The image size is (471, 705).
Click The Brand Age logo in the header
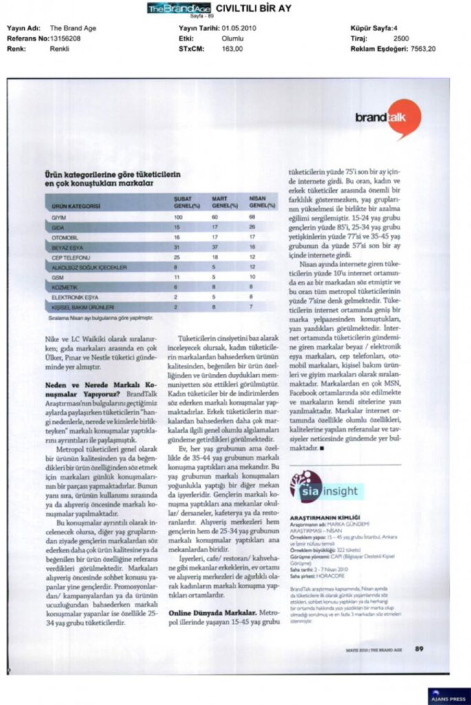coord(178,8)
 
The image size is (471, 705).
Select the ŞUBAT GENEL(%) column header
coord(182,202)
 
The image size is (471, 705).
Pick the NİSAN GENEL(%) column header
coord(258,202)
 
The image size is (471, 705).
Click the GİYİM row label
coord(59,218)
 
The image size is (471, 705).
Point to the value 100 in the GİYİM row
coord(178,218)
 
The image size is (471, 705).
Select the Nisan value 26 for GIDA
coord(252,227)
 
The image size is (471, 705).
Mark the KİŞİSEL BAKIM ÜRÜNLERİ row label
coord(83,306)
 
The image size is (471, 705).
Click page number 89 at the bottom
coord(419,648)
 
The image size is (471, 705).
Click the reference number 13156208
coord(65,39)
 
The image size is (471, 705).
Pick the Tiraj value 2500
coord(401,39)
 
